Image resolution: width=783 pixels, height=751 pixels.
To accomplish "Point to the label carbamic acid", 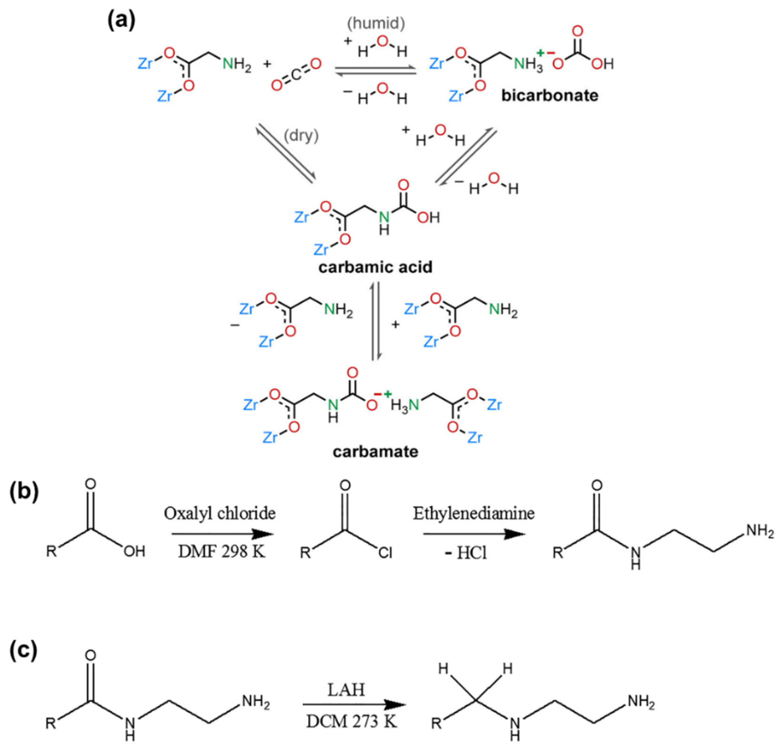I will click(375, 266).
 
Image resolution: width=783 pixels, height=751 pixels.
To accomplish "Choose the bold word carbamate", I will click(375, 452).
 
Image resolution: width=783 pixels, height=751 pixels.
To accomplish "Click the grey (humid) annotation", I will click(376, 24).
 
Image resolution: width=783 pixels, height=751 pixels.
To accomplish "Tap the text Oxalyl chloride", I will click(219, 513).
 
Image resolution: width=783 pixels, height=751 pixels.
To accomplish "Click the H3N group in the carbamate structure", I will click(404, 405).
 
